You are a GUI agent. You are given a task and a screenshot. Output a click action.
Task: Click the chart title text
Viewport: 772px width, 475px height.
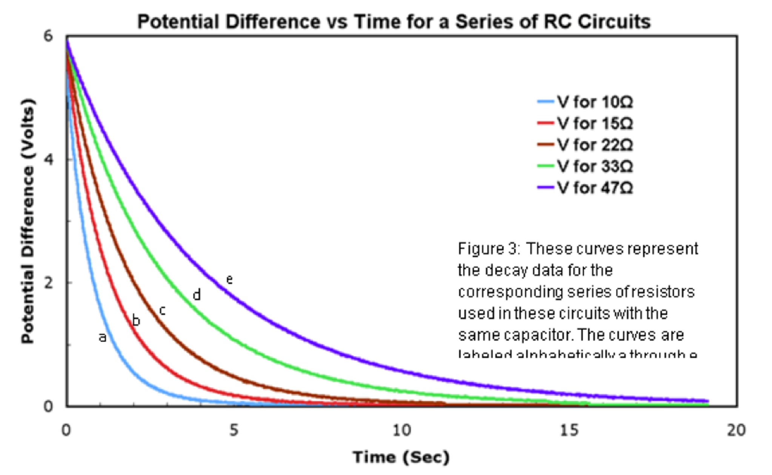tap(394, 22)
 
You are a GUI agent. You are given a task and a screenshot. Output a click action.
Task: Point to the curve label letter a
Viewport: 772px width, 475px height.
tap(102, 337)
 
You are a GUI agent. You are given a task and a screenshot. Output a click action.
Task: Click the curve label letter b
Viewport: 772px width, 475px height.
tap(136, 321)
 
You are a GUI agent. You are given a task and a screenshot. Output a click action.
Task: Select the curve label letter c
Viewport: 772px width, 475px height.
tap(162, 310)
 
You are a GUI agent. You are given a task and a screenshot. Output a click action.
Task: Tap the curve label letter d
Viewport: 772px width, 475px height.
tap(197, 295)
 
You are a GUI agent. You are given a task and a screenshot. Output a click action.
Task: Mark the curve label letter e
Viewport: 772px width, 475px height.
tap(229, 280)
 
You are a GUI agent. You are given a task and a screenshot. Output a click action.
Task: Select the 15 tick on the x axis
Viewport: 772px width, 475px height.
tap(569, 430)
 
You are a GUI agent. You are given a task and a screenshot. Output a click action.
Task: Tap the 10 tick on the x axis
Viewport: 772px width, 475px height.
tap(401, 430)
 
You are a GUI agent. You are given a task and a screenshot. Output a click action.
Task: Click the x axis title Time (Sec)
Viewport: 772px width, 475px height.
tap(401, 457)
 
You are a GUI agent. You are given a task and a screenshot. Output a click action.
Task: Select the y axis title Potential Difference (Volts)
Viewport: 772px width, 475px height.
tap(28, 221)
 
